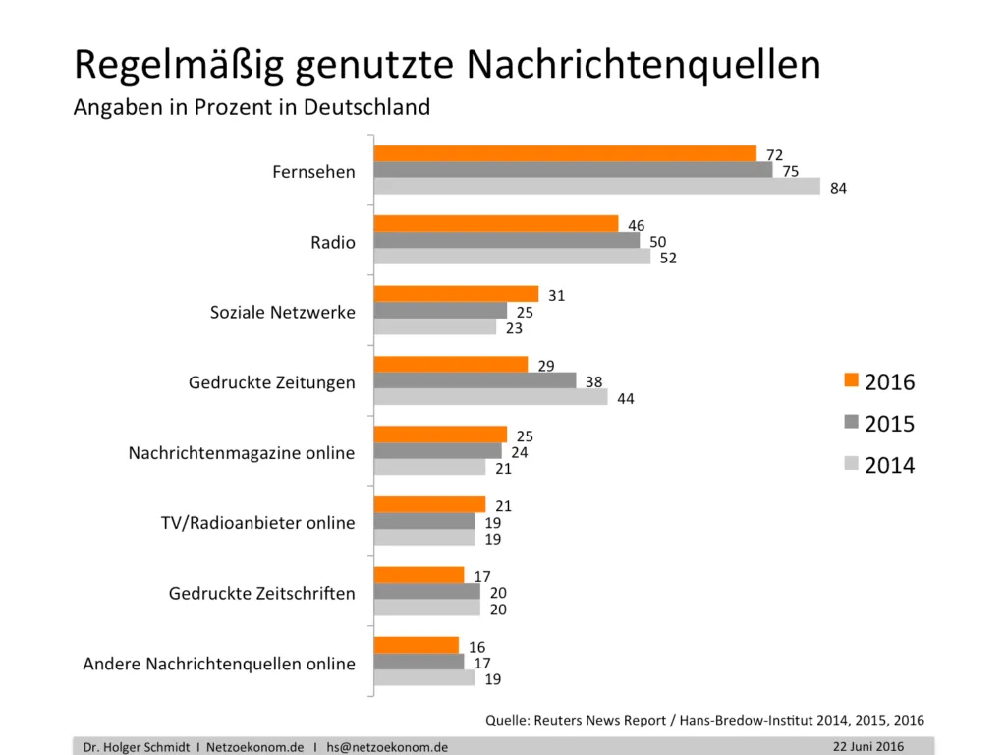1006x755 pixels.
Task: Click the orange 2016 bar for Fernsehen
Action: (565, 153)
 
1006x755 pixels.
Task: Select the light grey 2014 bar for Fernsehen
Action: (596, 187)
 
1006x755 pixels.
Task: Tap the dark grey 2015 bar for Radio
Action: (507, 241)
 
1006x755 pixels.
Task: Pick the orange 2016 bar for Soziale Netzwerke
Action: (457, 294)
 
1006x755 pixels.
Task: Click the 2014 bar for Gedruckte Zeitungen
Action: (491, 397)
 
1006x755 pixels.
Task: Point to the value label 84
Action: (838, 189)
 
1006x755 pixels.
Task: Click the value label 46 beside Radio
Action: (636, 225)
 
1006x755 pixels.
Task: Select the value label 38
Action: (593, 382)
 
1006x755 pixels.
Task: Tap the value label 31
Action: (556, 296)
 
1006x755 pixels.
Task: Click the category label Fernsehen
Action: (313, 172)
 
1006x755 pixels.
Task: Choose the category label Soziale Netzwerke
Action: (282, 313)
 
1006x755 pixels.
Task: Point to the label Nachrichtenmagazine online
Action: (241, 453)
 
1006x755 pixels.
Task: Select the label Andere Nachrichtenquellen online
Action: (219, 664)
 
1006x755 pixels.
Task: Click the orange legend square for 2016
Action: (851, 380)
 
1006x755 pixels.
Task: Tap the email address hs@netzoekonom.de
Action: (387, 747)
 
